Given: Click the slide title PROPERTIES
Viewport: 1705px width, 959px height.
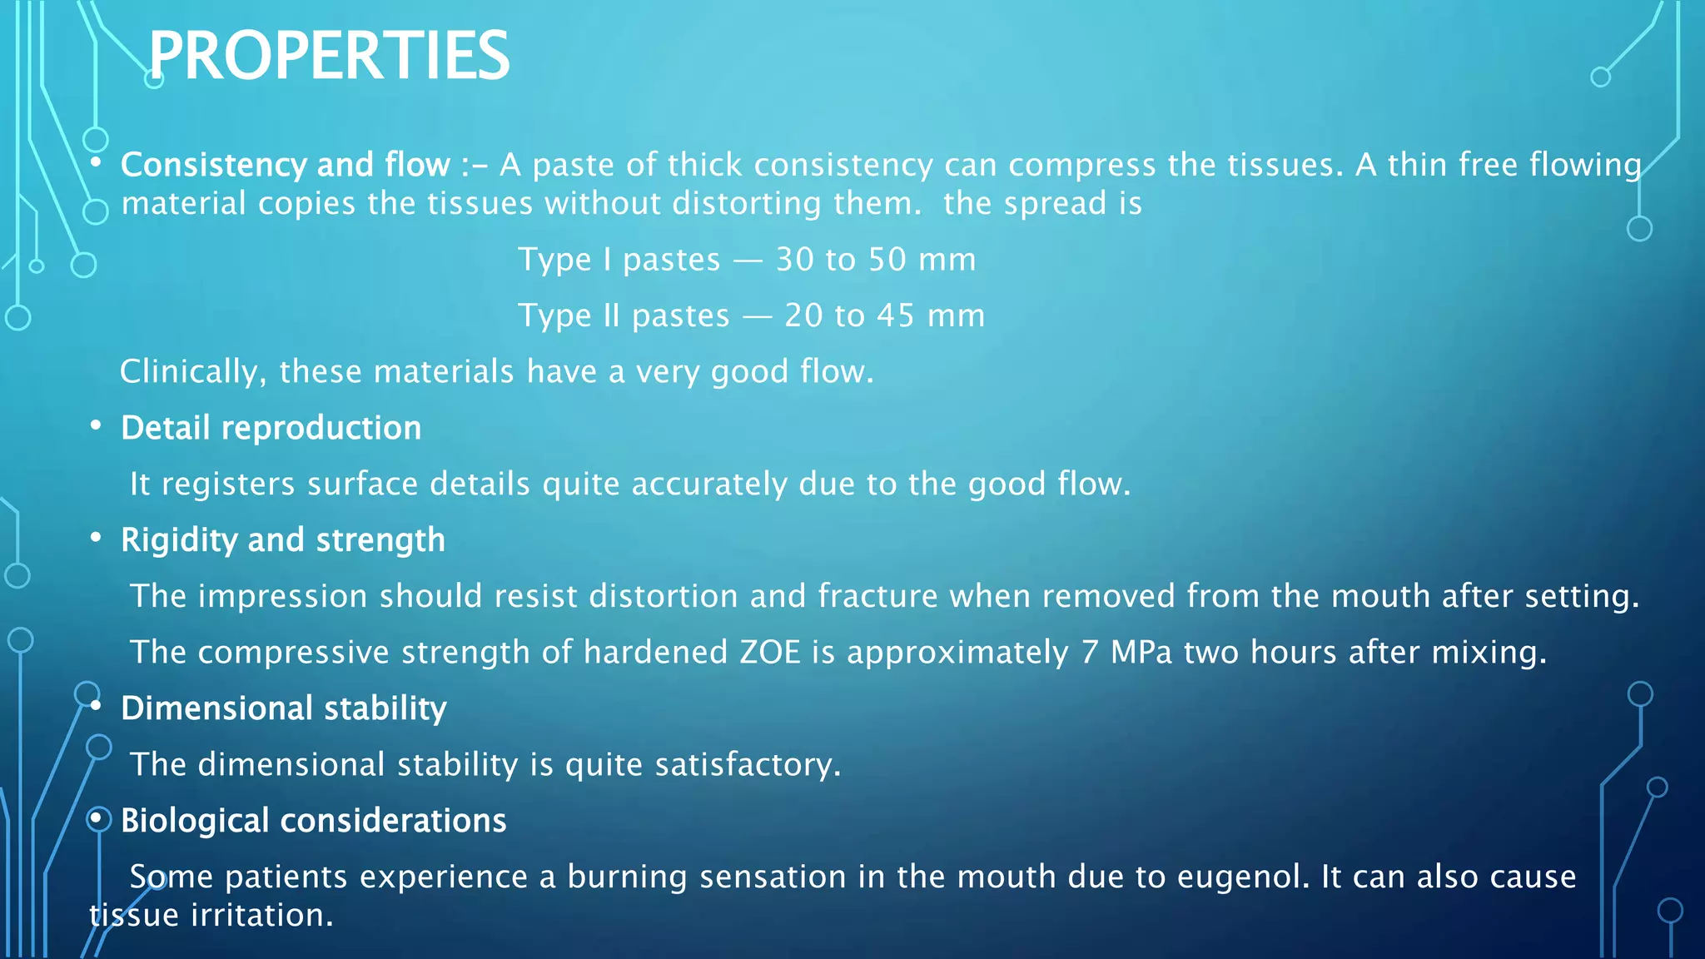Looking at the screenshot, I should (x=329, y=56).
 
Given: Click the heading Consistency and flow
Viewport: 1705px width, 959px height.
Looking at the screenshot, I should (x=286, y=165).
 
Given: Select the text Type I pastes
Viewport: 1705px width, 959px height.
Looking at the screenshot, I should (x=619, y=260).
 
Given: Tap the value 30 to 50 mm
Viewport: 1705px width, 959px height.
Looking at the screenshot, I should (x=875, y=260).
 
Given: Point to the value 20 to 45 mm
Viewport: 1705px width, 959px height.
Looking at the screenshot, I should (x=884, y=316).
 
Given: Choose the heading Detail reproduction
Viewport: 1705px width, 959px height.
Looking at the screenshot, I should (x=271, y=428).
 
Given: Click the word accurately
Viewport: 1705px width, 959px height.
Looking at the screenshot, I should (x=708, y=484).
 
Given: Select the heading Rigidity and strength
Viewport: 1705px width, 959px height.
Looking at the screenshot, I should (x=283, y=540).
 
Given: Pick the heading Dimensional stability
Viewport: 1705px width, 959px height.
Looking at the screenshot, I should (x=284, y=708).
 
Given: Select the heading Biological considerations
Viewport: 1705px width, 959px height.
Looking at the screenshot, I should (x=313, y=821).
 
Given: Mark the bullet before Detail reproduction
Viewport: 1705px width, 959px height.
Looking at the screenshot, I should (x=97, y=426).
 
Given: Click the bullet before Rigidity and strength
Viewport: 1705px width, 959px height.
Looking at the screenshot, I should (x=97, y=539).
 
